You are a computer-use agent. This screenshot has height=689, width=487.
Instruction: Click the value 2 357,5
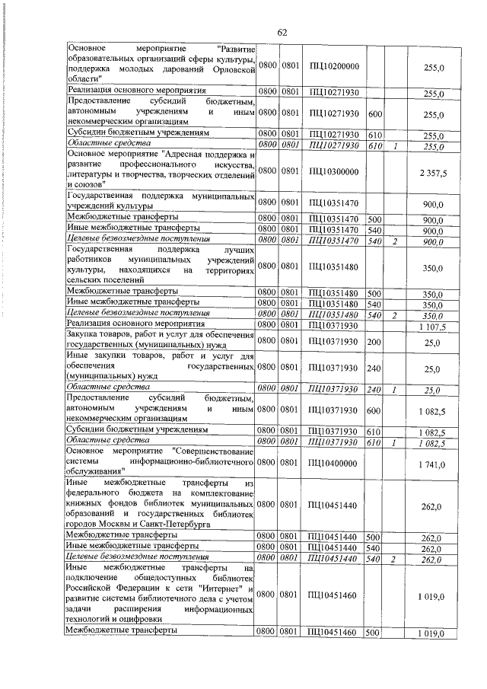pos(432,173)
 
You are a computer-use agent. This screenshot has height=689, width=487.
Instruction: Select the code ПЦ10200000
pos(334,68)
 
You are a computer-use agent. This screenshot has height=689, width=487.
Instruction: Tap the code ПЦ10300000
pos(334,173)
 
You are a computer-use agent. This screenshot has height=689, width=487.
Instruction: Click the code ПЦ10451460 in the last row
pos(334,633)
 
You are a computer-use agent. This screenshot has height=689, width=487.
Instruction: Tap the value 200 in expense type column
pos(374,343)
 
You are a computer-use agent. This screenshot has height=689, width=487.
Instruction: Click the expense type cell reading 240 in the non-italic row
pos(374,368)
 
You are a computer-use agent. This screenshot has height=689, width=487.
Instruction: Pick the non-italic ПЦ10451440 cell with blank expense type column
pos(334,503)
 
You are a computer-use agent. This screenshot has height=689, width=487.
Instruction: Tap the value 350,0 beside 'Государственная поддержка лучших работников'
pos(432,268)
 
